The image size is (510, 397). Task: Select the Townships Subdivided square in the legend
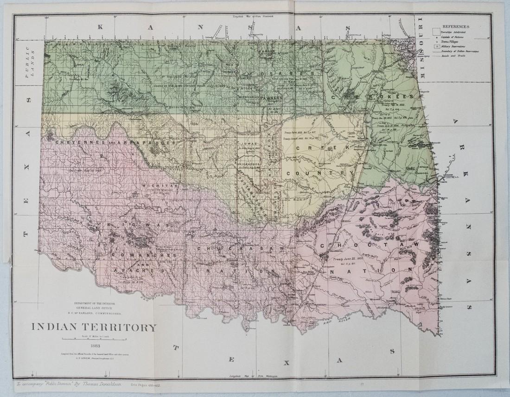click(x=436, y=31)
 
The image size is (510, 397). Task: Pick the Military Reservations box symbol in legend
click(x=436, y=47)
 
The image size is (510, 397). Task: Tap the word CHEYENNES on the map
click(x=74, y=142)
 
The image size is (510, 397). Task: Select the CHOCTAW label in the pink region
click(x=370, y=244)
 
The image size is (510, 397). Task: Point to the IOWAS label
click(x=249, y=144)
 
